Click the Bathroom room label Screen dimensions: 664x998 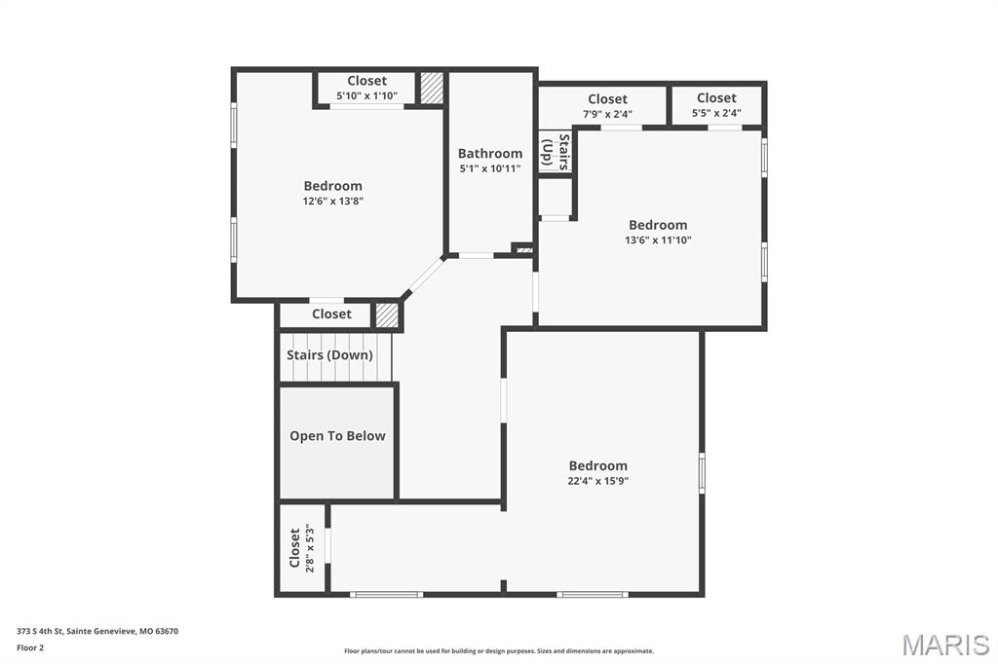point(490,153)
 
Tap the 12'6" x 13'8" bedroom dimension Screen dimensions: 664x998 point(333,202)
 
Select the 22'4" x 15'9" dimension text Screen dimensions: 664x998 point(598,481)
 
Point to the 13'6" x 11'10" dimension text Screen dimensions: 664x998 point(658,240)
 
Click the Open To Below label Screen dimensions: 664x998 point(337,436)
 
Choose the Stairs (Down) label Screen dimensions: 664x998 point(329,355)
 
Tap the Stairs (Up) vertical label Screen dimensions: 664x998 point(556,152)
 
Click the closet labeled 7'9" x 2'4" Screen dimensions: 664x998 point(607,106)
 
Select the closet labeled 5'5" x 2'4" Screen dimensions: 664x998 point(716,105)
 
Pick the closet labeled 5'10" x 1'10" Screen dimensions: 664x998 point(366,89)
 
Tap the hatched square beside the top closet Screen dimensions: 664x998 point(432,87)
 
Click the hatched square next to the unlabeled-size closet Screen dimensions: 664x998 point(387,315)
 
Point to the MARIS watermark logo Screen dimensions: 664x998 point(945,645)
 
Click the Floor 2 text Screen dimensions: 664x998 point(31,647)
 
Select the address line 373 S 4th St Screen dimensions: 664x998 point(97,631)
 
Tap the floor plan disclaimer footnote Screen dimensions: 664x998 point(499,651)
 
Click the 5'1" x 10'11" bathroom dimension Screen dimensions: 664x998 point(490,168)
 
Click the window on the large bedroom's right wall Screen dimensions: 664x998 point(702,472)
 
